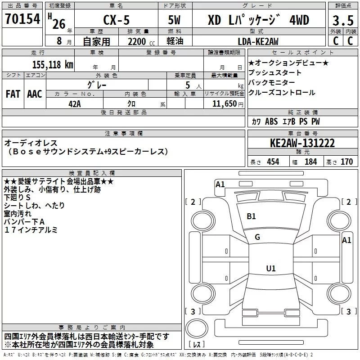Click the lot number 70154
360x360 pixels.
pos(22,19)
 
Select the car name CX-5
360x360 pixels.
pos(117,20)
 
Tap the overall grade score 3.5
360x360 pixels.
pos(343,20)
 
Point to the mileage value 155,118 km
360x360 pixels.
pos(53,64)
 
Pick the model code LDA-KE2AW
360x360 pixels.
pos(258,41)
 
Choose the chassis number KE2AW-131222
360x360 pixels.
pos(302,143)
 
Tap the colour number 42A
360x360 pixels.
pos(75,104)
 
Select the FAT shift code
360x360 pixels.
pos(13,94)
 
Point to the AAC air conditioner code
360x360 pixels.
pos(35,94)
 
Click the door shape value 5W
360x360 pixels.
pos(174,20)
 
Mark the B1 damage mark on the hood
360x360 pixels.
pos(251,216)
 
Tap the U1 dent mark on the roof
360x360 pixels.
pos(271,268)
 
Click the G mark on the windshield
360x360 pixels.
pos(257,237)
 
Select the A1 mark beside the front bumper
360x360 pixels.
pos(220,184)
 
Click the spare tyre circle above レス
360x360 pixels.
pos(197,328)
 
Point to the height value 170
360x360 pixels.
pos(346,162)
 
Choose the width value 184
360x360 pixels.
pos(310,162)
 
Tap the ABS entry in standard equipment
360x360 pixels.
pos(271,121)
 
